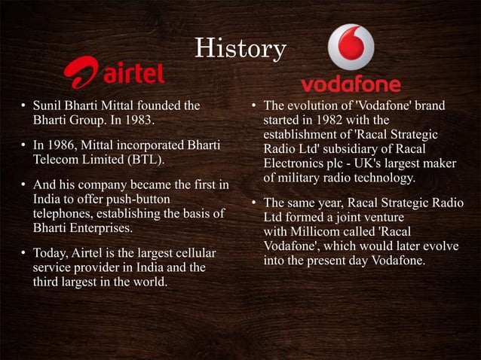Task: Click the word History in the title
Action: click(x=240, y=49)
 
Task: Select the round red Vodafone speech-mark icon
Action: click(x=351, y=47)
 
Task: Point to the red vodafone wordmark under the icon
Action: click(x=351, y=84)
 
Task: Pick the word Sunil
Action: click(x=49, y=105)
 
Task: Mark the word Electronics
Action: click(x=295, y=163)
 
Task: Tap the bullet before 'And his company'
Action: click(x=24, y=185)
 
